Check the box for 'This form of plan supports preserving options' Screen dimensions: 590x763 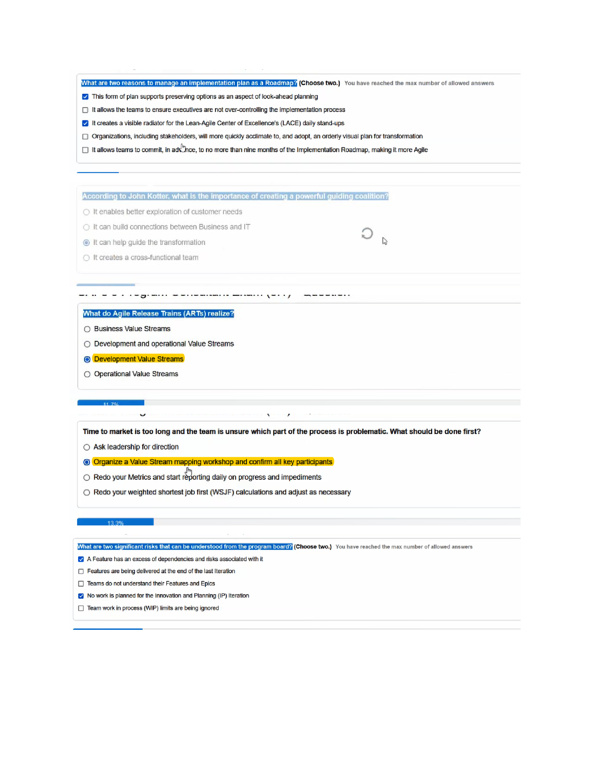pos(85,97)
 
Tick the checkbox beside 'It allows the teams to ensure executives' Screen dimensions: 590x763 pos(85,110)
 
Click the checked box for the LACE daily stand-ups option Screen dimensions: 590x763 pos(85,123)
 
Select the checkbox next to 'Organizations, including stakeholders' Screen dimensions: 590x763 pos(85,137)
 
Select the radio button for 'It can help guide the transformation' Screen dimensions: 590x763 pos(86,242)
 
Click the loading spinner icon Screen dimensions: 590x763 pos(367,233)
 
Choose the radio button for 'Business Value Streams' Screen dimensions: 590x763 pos(87,329)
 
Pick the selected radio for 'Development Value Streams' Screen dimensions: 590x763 pos(87,359)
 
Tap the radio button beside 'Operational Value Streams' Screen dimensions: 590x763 pos(87,374)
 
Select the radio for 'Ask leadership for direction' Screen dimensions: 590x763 pos(87,447)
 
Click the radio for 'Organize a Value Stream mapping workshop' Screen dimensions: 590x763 pos(87,462)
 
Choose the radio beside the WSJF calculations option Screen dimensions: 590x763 pos(87,492)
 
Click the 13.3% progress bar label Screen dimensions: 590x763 pos(115,523)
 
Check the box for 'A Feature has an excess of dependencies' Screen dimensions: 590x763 pos(81,559)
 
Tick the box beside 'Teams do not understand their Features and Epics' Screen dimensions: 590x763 pos(81,584)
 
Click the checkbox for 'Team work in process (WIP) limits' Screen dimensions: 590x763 pos(81,608)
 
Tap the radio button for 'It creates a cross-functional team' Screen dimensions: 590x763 pos(86,258)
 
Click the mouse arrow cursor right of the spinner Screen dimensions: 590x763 pos(385,241)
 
